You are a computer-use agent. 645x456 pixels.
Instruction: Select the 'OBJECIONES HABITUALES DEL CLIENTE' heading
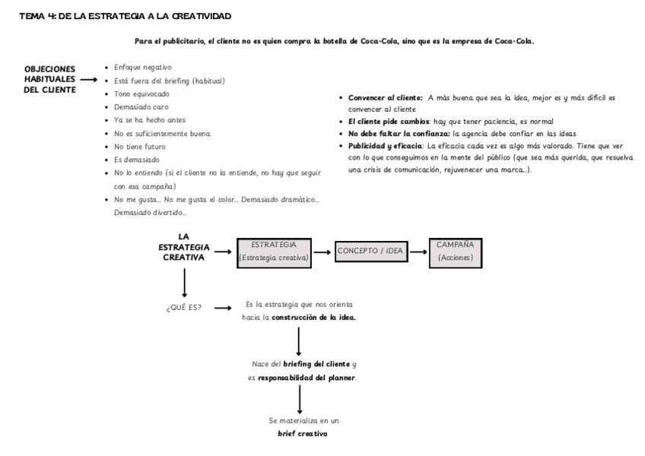(49, 79)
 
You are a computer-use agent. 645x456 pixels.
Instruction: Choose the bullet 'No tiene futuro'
(140, 146)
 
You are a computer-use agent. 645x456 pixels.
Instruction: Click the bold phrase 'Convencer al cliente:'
(385, 98)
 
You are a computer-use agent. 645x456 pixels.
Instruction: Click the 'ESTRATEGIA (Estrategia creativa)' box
(274, 251)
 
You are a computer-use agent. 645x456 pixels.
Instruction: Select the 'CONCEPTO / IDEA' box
(370, 251)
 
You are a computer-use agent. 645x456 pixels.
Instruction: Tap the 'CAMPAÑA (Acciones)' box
(455, 251)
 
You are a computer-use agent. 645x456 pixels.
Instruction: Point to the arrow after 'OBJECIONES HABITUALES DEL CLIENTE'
(90, 80)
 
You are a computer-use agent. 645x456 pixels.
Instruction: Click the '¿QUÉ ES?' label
(183, 308)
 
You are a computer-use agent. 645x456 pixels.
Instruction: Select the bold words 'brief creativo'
(303, 435)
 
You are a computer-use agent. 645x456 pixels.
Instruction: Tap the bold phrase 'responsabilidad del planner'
(307, 377)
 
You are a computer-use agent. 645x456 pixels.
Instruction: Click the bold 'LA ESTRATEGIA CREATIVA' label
(183, 247)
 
